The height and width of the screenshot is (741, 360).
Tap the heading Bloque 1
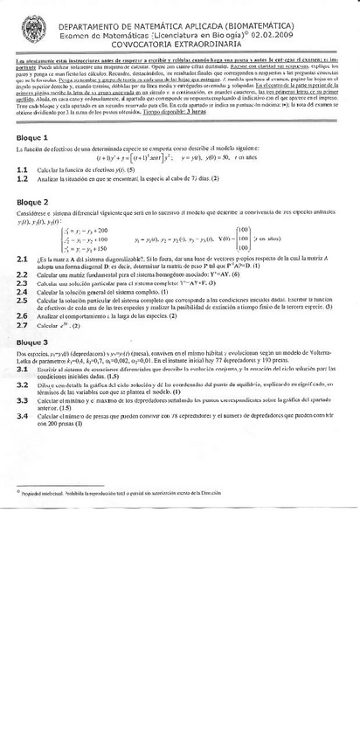click(32, 138)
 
